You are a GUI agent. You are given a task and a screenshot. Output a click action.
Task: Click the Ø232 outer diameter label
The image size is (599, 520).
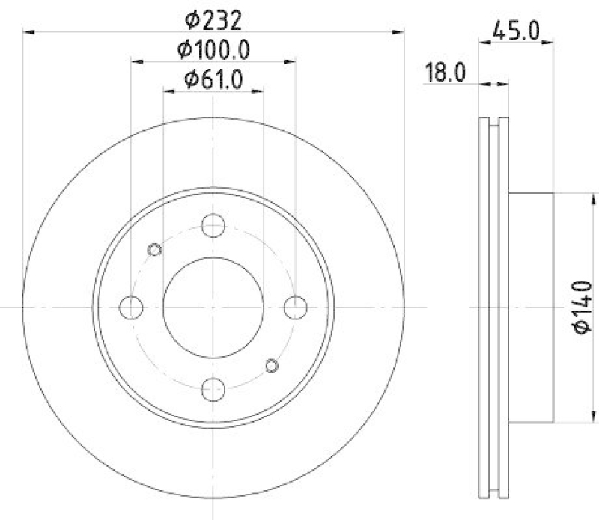click(213, 16)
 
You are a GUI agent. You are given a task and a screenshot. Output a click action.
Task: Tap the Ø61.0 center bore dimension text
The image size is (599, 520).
click(213, 78)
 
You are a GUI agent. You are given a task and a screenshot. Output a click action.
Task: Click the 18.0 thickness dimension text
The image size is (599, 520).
click(446, 73)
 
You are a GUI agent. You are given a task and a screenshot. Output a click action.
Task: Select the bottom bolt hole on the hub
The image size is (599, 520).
click(213, 388)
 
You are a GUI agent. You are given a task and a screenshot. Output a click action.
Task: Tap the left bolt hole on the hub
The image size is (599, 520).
click(132, 307)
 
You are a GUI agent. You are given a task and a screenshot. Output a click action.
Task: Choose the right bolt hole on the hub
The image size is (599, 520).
click(296, 307)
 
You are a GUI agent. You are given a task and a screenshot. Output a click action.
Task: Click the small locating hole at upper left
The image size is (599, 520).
click(155, 249)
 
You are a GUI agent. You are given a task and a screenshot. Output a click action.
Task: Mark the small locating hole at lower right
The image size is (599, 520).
click(272, 364)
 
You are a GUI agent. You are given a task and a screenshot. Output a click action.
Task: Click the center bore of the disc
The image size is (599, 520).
click(213, 307)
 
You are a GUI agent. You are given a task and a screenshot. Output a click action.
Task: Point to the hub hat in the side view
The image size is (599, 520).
click(532, 307)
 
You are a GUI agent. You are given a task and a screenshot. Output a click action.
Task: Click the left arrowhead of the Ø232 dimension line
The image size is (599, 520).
click(28, 31)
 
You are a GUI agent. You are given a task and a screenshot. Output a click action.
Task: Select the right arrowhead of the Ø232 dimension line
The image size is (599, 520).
click(398, 31)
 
